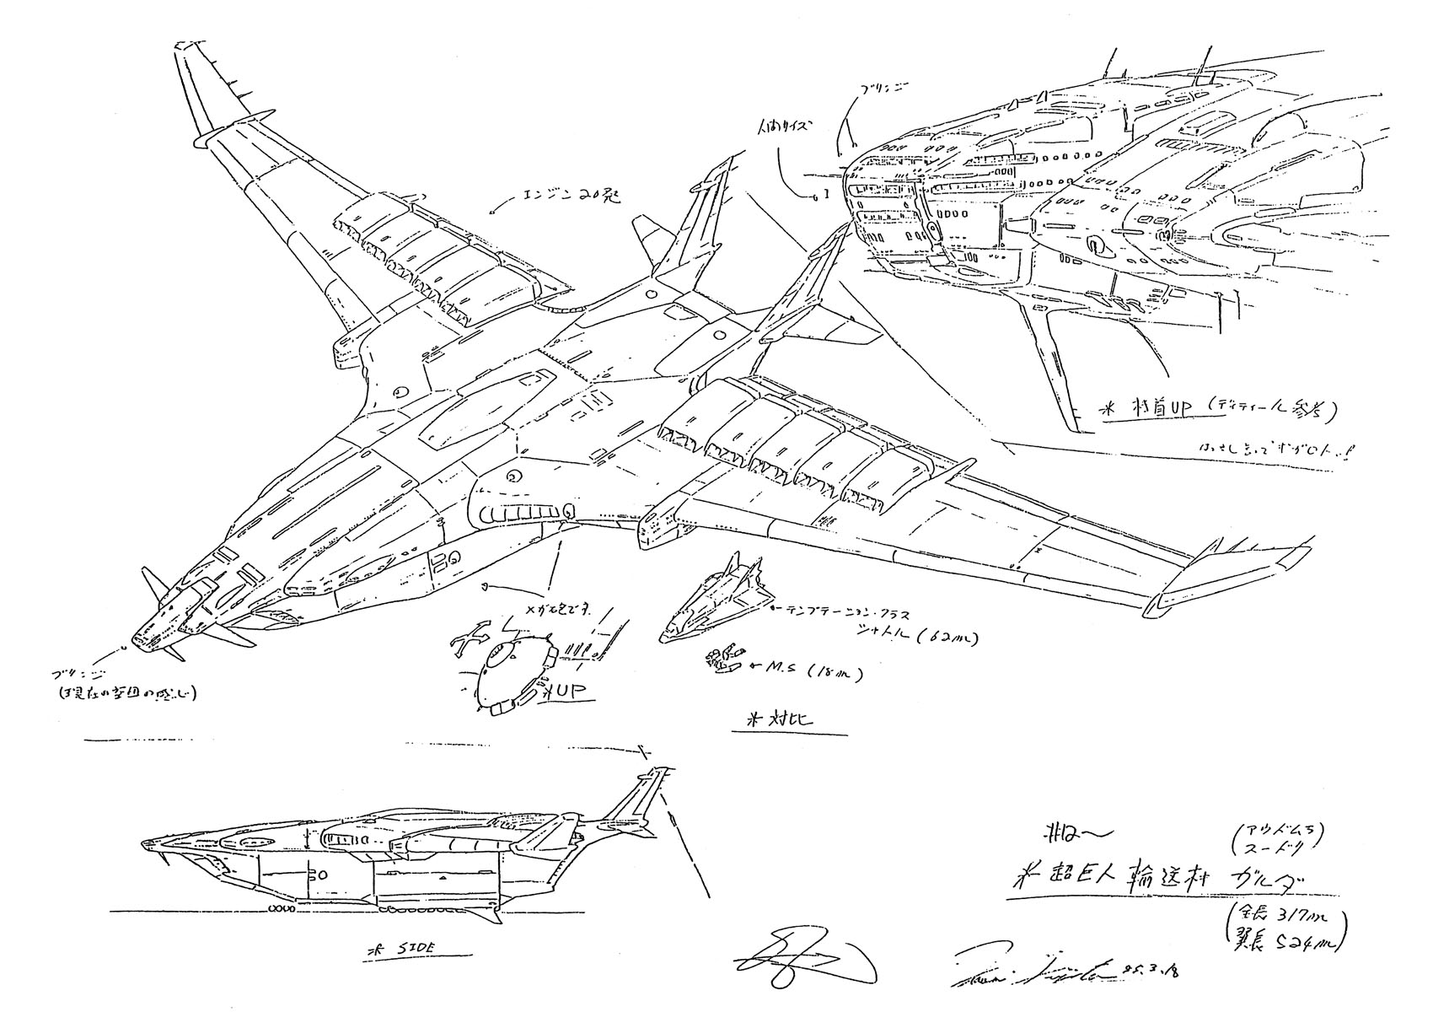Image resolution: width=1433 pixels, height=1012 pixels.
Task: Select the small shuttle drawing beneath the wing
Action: (x=713, y=600)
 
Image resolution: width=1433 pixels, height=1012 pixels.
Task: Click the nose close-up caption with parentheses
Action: (x=1205, y=409)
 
